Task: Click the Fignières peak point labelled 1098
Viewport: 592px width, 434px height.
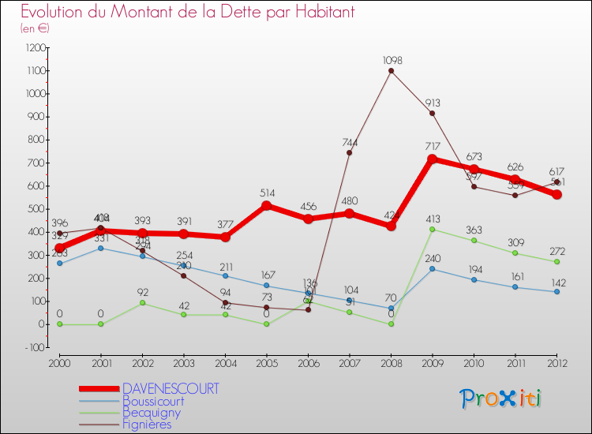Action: pos(391,71)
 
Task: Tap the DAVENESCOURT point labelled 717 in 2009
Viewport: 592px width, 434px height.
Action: pos(433,159)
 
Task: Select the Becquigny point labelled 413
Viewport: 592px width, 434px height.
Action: pos(433,229)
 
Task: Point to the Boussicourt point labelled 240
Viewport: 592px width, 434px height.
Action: pos(433,269)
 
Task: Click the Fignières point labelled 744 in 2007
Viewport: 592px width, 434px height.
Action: pos(350,152)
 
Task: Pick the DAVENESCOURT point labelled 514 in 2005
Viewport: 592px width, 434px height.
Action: pos(267,205)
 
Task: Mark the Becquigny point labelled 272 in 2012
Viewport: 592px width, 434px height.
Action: pos(556,261)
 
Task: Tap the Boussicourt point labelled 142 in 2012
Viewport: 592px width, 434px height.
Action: pos(556,291)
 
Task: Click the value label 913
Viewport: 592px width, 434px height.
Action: pos(432,103)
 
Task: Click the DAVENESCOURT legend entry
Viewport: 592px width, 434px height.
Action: pos(170,389)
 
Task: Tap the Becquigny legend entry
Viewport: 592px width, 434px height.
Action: pos(151,412)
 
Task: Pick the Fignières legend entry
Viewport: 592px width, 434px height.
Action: pos(147,424)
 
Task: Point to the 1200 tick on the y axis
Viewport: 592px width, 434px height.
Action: pos(34,47)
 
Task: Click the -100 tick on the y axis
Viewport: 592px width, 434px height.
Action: pos(35,347)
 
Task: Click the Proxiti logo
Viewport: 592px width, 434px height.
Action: pos(500,398)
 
